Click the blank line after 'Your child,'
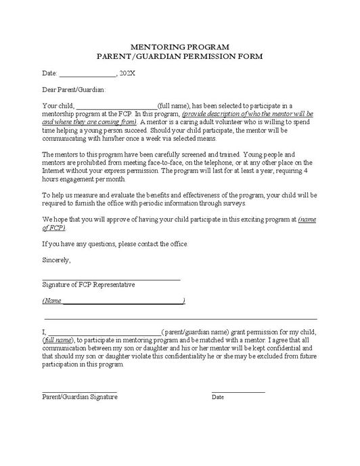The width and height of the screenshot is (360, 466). [116, 107]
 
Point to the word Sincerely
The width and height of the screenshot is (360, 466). [56, 259]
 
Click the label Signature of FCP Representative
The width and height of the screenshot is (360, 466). [89, 284]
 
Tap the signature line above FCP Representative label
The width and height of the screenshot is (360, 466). [111, 279]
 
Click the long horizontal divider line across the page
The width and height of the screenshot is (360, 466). [181, 318]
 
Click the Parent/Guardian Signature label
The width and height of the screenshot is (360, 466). [80, 397]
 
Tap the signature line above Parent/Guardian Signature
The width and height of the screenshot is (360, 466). [80, 391]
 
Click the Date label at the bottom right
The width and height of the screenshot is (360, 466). [218, 397]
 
